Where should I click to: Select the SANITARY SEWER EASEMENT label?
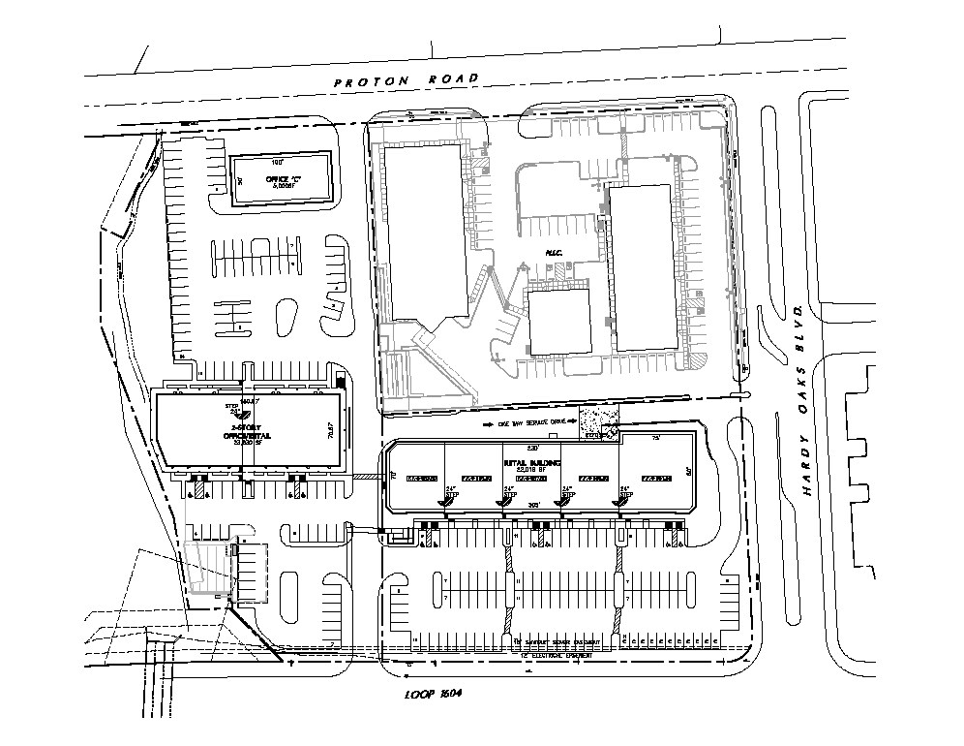coord(557,642)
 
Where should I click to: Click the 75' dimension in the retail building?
coord(655,439)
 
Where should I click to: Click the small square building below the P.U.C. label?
coord(559,322)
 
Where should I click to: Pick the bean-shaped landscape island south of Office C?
coord(287,316)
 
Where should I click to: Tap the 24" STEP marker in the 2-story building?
coord(231,409)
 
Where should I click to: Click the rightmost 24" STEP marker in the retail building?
coord(624,495)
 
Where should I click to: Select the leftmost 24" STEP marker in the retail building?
coord(450,495)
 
